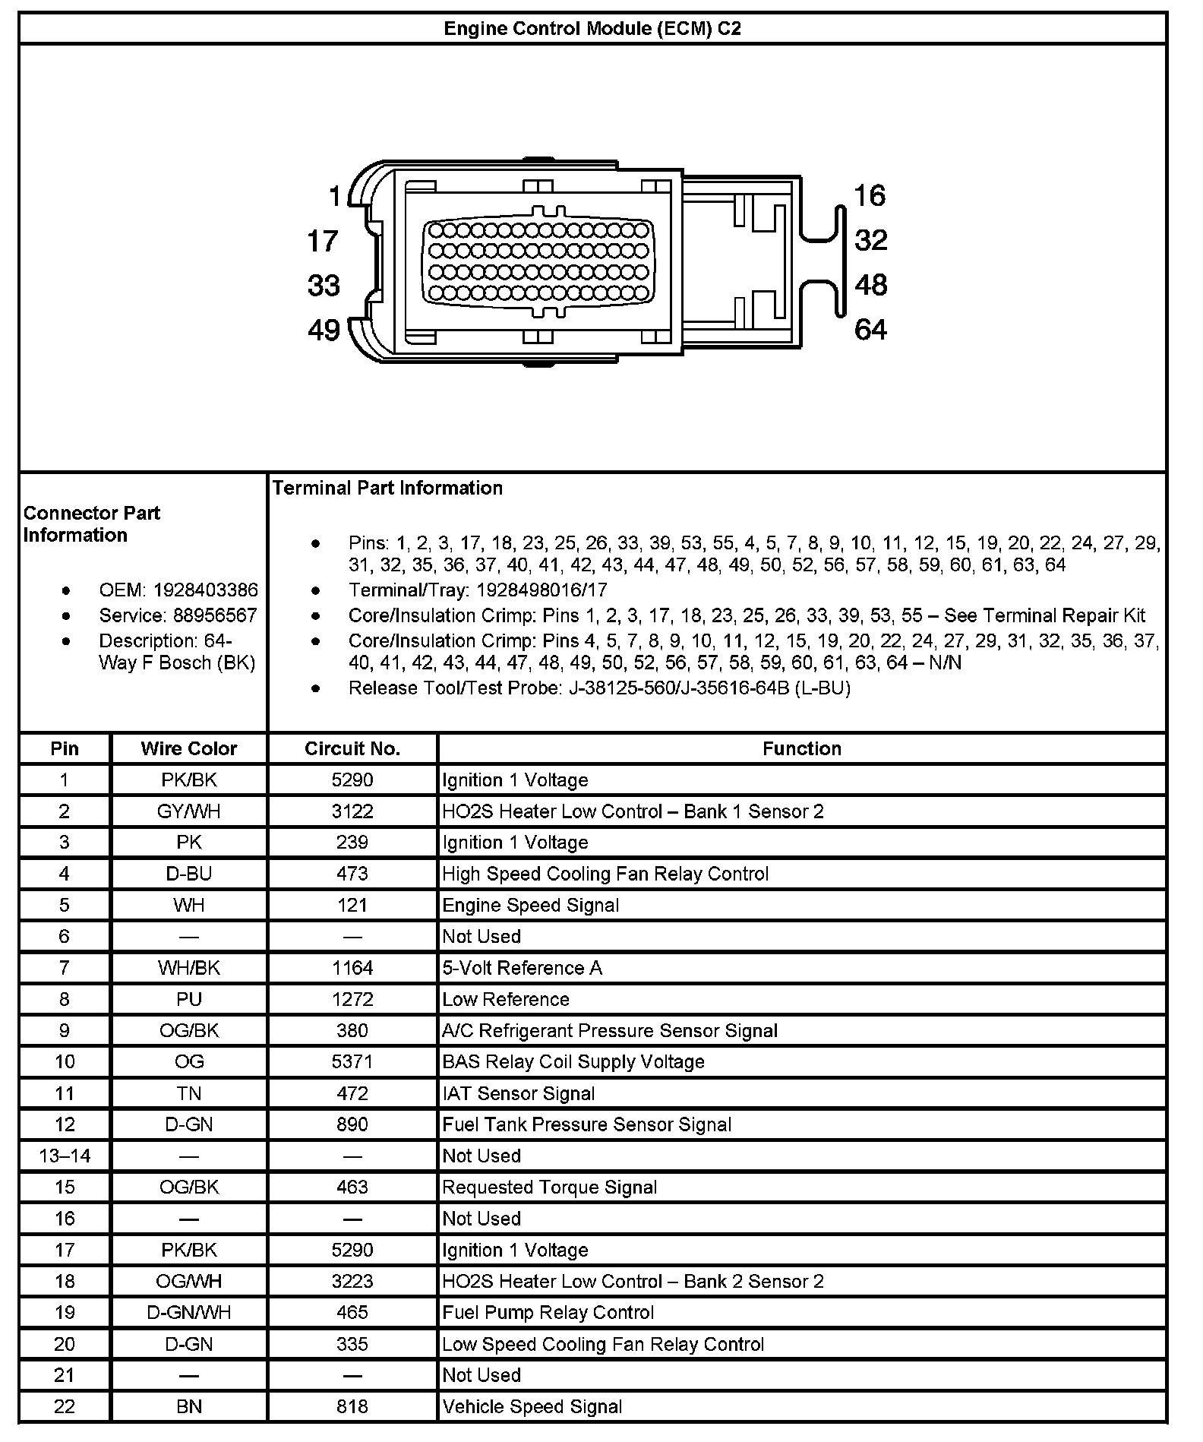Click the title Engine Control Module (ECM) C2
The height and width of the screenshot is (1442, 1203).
(592, 29)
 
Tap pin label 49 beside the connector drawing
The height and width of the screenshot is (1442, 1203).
(324, 330)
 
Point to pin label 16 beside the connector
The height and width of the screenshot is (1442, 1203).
(870, 196)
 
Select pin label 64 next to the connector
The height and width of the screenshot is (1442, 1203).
(870, 330)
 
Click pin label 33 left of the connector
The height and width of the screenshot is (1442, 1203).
(324, 286)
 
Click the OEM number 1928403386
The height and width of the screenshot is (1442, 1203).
(205, 590)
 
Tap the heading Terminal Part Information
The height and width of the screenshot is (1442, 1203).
(387, 488)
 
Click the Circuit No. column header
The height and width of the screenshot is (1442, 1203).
(352, 748)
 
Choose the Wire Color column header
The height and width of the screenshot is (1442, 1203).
(189, 748)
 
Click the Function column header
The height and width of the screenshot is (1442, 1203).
(801, 748)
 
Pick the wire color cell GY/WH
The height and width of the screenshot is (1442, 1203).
(189, 811)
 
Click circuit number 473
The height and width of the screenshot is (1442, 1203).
(352, 874)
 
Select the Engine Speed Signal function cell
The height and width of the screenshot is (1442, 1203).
(530, 905)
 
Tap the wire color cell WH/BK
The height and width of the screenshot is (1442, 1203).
(189, 968)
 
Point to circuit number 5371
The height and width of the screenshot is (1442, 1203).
(352, 1061)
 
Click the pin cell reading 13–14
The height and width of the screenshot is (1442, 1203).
(65, 1156)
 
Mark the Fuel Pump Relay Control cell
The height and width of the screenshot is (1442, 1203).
(548, 1312)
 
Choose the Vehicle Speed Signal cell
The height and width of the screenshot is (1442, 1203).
(532, 1406)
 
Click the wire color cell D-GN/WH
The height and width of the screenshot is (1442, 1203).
(189, 1312)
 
